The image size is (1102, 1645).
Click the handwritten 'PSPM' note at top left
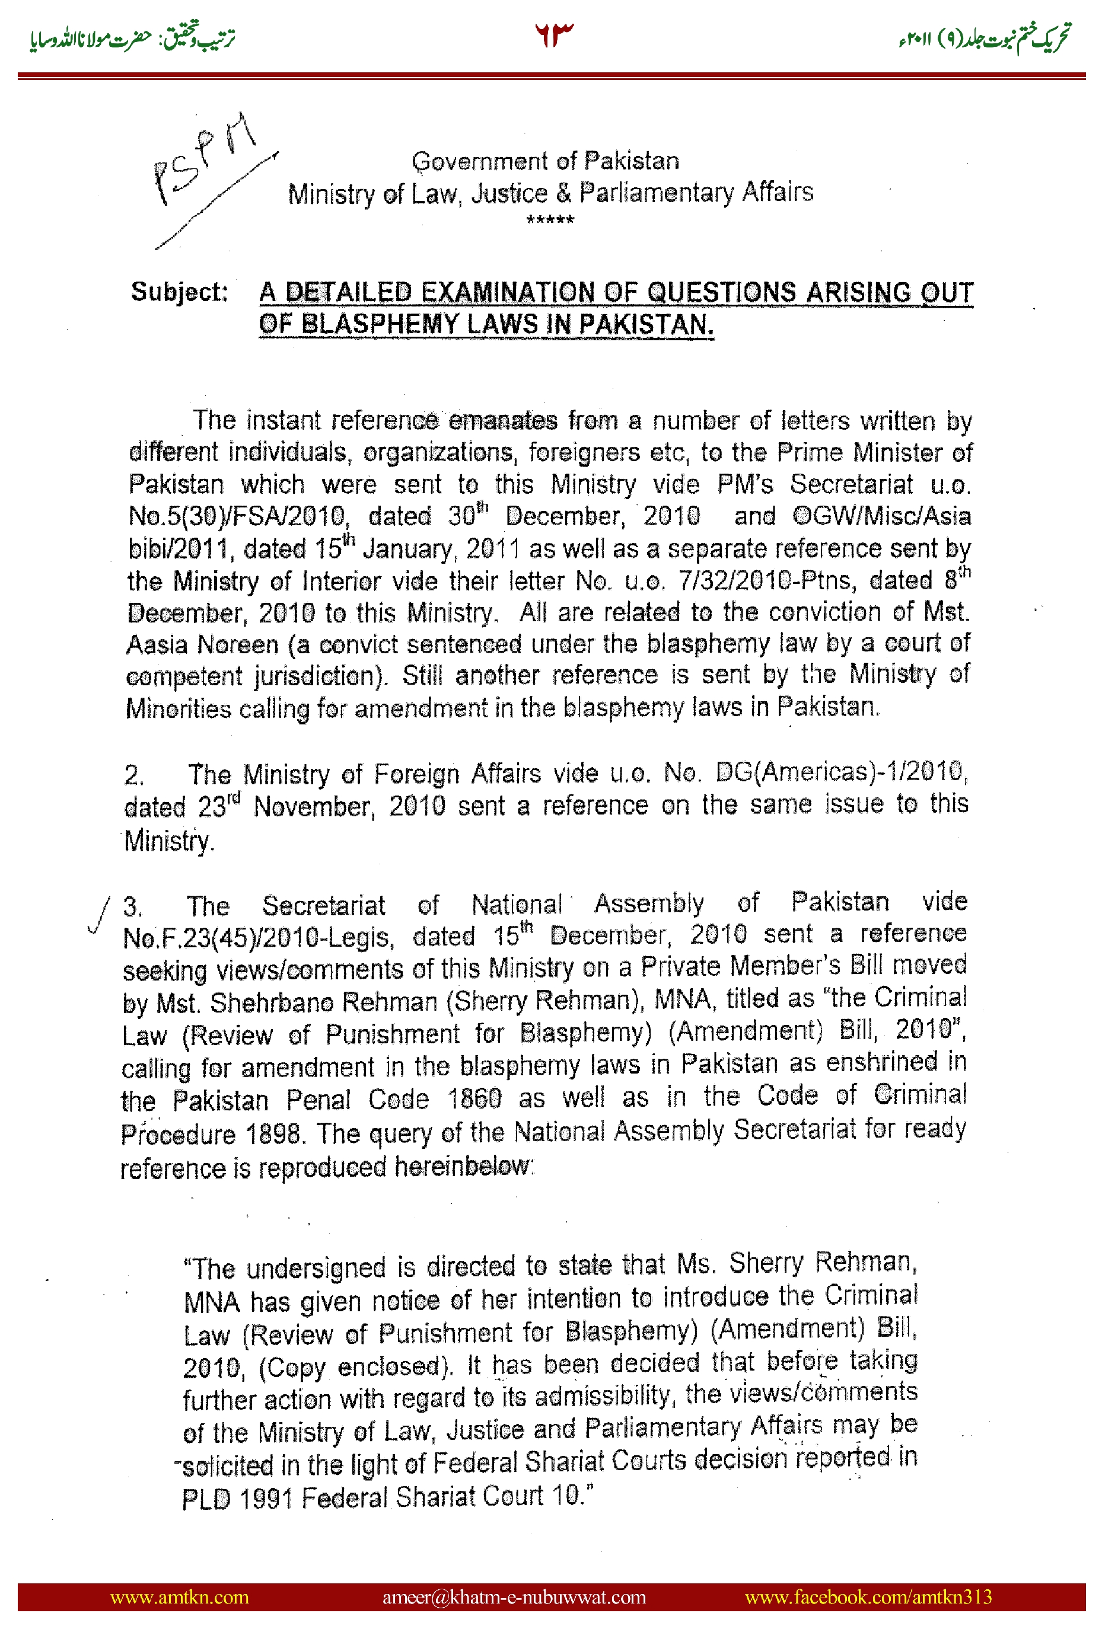tap(204, 158)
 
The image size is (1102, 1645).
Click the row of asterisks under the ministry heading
tap(550, 221)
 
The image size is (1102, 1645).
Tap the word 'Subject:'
tap(179, 292)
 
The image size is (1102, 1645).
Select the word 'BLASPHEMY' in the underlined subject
tap(381, 324)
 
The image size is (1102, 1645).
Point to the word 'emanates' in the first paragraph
tap(502, 421)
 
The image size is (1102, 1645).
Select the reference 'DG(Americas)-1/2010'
tap(839, 772)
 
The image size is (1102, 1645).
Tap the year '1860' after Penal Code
tap(475, 1098)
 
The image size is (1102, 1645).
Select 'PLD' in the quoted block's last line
tap(206, 1499)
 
